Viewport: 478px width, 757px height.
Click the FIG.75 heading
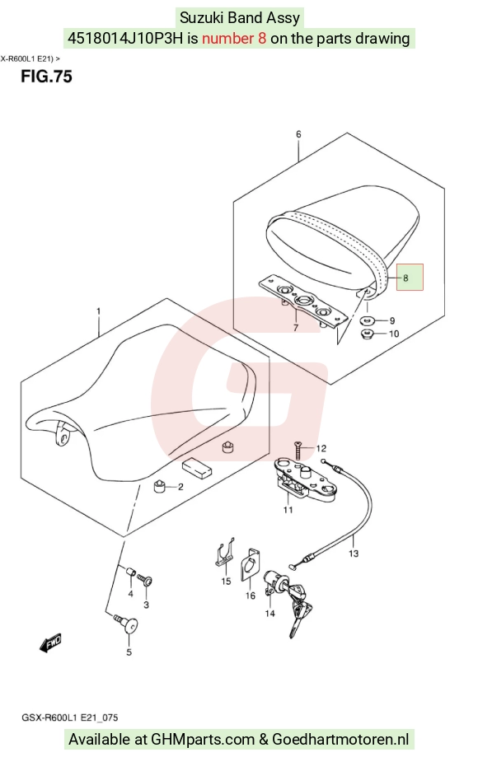point(46,77)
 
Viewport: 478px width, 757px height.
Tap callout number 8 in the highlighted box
point(405,278)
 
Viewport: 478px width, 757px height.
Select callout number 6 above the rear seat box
point(298,133)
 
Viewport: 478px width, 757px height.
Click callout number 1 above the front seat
point(99,311)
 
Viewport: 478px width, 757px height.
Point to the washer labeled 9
point(369,320)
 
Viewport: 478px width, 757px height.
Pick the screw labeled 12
point(299,450)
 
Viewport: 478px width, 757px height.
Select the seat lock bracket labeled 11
point(303,480)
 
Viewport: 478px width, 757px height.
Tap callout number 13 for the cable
point(354,554)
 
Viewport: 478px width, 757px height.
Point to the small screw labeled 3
point(144,580)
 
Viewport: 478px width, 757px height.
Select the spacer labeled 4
point(130,573)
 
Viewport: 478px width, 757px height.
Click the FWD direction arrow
point(51,643)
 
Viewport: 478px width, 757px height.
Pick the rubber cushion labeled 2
point(159,487)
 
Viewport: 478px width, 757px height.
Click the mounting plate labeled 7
point(303,303)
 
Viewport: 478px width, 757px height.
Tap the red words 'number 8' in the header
point(234,38)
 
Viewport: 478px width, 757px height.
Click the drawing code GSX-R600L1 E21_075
point(69,717)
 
